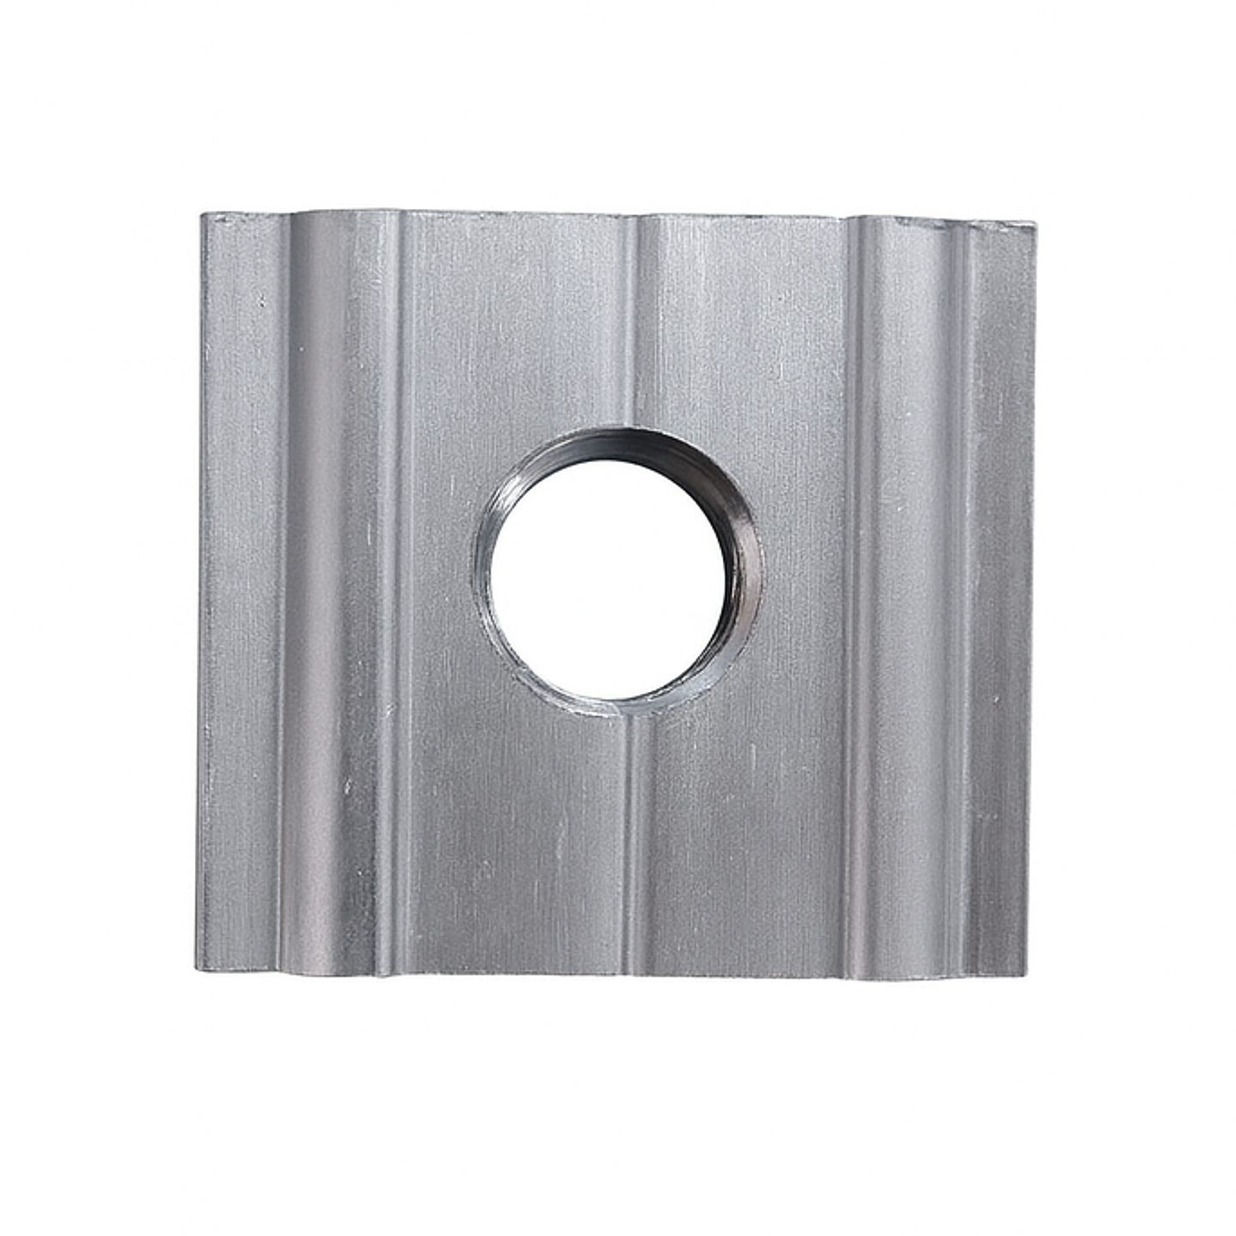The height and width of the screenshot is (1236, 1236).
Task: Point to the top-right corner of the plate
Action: coord(1034,225)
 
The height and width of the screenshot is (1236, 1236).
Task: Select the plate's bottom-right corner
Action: coord(1025,976)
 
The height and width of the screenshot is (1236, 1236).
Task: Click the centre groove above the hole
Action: coord(636,327)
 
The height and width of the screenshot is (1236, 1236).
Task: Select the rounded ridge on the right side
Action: coord(903,593)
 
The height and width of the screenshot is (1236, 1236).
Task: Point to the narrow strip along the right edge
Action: coord(1001,593)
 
